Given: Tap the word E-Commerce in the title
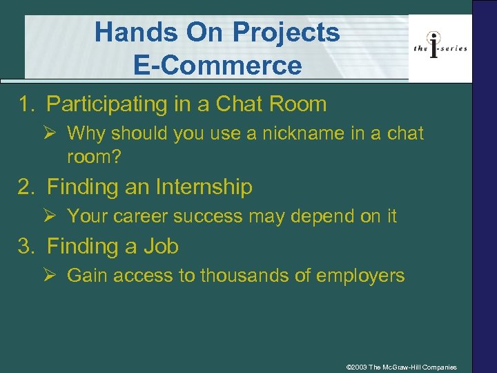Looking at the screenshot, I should (x=217, y=66).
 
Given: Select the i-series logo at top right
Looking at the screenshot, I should (x=440, y=47).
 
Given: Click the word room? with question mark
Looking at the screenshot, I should (x=94, y=157).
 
